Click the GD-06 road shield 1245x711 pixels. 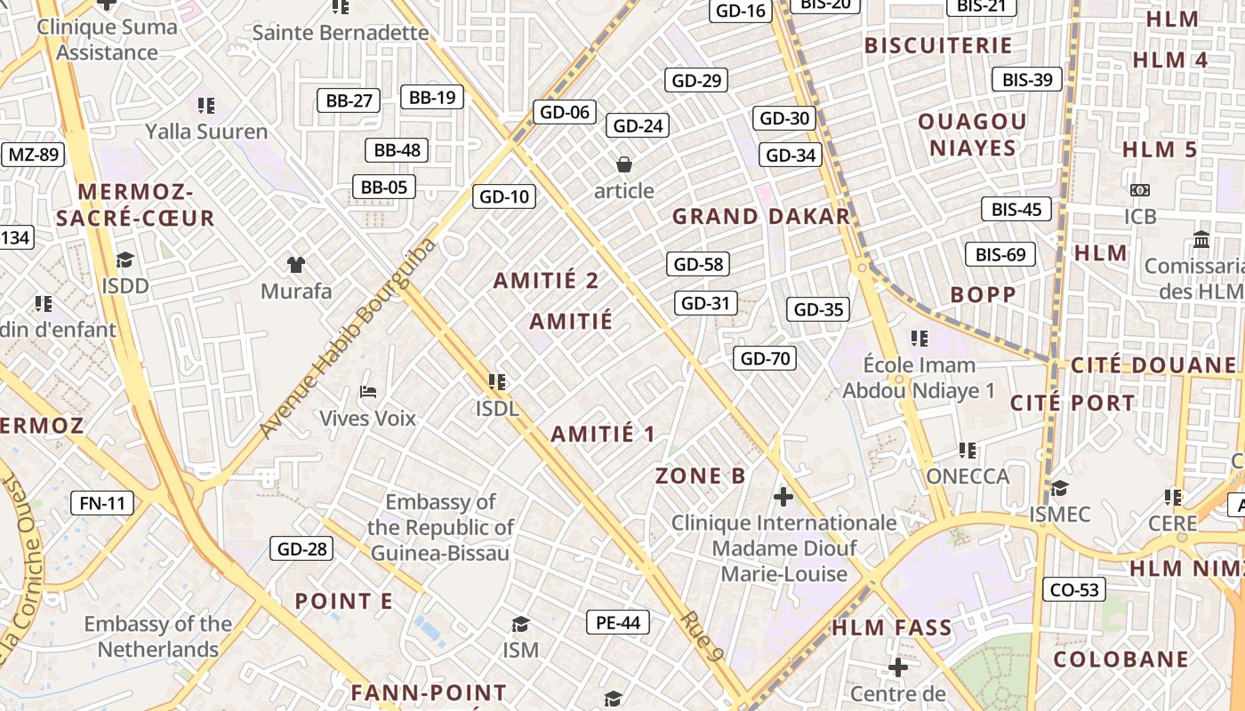[x=565, y=112]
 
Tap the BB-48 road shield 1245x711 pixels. [x=398, y=150]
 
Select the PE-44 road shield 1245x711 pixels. [x=618, y=623]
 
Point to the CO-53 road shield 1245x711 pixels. [x=1075, y=589]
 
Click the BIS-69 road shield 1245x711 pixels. [x=1000, y=255]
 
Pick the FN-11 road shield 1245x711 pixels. [x=102, y=503]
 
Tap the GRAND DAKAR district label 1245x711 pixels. [x=760, y=217]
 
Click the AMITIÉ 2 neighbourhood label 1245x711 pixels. [x=546, y=281]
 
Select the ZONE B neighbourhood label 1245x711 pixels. [x=701, y=476]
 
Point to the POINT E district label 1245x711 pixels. [x=343, y=602]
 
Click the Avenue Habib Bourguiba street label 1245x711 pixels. [x=349, y=338]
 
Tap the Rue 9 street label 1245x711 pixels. [x=700, y=636]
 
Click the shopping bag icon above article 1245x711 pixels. [x=624, y=164]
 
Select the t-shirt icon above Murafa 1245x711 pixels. [x=296, y=265]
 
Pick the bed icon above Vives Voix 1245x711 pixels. [x=367, y=392]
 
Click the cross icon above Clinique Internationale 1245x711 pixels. [x=783, y=496]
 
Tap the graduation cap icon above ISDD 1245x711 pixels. [x=124, y=260]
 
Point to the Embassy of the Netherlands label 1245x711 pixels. [x=158, y=636]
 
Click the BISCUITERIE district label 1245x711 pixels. [x=938, y=45]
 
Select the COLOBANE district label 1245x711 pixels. [x=1120, y=659]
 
